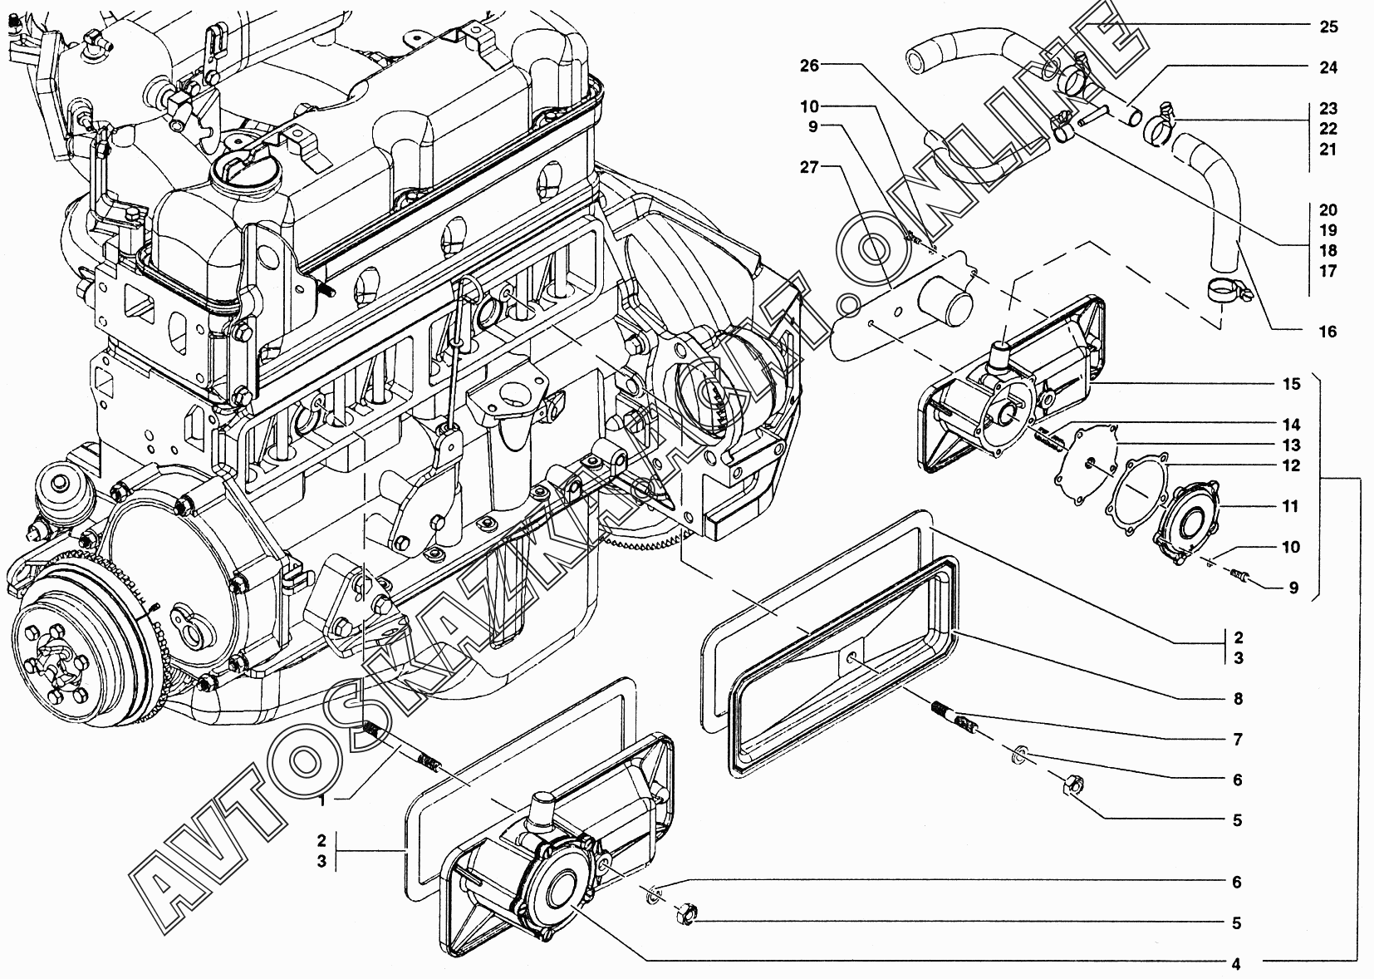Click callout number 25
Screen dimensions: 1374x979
point(1328,27)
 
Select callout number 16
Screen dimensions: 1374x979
point(1327,332)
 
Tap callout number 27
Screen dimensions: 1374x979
point(810,167)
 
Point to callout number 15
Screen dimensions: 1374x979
point(1291,384)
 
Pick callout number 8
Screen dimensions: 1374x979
point(1238,698)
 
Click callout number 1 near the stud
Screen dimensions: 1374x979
point(322,800)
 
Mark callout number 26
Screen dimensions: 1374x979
point(810,65)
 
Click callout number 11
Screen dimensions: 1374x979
point(1291,506)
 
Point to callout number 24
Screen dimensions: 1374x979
point(1328,67)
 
